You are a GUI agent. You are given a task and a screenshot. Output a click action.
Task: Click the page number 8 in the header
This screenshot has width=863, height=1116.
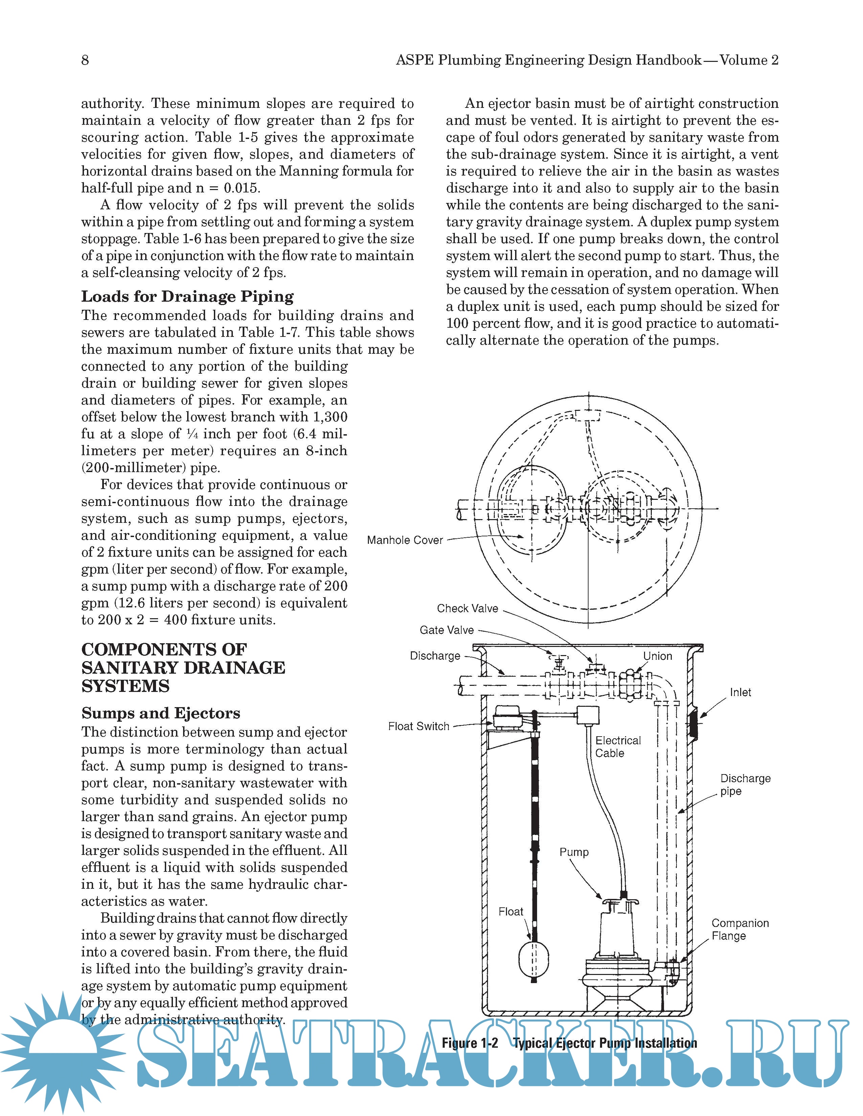click(x=85, y=60)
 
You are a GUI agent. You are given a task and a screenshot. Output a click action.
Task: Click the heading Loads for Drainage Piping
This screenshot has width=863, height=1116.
click(x=187, y=296)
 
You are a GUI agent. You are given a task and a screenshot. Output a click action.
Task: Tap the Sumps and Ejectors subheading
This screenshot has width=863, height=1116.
click(x=160, y=713)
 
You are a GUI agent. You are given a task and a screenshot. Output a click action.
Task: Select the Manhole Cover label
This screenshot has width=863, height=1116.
click(x=404, y=540)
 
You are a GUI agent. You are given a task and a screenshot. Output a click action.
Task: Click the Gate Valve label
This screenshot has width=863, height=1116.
click(x=446, y=630)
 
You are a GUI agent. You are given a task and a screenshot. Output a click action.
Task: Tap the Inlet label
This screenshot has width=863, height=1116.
click(x=740, y=692)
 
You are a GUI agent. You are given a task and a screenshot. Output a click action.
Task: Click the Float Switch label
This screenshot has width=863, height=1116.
click(x=418, y=726)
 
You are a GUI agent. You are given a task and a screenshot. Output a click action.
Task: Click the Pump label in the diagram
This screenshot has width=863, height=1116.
click(x=574, y=852)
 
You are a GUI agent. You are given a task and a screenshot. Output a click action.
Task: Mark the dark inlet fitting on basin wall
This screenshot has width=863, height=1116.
click(x=693, y=723)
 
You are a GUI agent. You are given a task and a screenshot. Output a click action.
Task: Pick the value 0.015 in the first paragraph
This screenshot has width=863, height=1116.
click(x=241, y=188)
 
